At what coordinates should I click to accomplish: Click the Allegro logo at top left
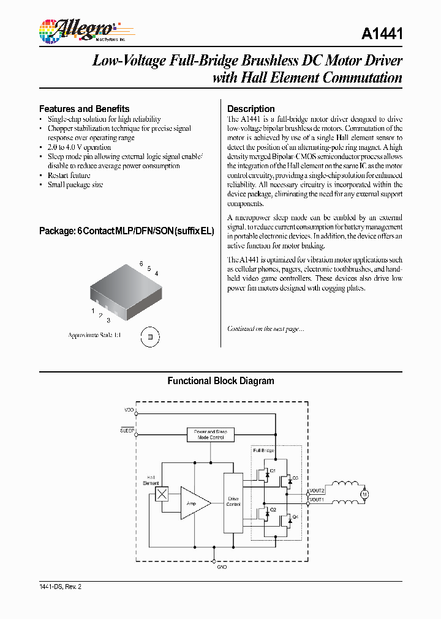[77, 29]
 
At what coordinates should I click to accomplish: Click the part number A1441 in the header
[382, 34]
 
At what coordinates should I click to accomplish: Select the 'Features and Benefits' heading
[84, 109]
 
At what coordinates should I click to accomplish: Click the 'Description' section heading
[251, 109]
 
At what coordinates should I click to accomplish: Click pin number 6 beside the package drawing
[141, 264]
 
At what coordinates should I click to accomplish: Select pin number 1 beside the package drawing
[93, 311]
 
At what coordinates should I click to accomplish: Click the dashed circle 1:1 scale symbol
[149, 336]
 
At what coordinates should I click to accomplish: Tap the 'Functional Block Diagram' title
[221, 381]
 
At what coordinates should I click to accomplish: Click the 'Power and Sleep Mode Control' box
[210, 435]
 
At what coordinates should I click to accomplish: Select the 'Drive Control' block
[233, 503]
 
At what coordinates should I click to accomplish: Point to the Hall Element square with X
[162, 494]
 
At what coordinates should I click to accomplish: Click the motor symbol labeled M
[365, 494]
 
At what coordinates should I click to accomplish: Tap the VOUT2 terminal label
[317, 490]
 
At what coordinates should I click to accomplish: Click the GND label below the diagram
[222, 568]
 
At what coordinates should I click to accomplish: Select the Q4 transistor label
[295, 517]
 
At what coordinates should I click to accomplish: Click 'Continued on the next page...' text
[265, 329]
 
